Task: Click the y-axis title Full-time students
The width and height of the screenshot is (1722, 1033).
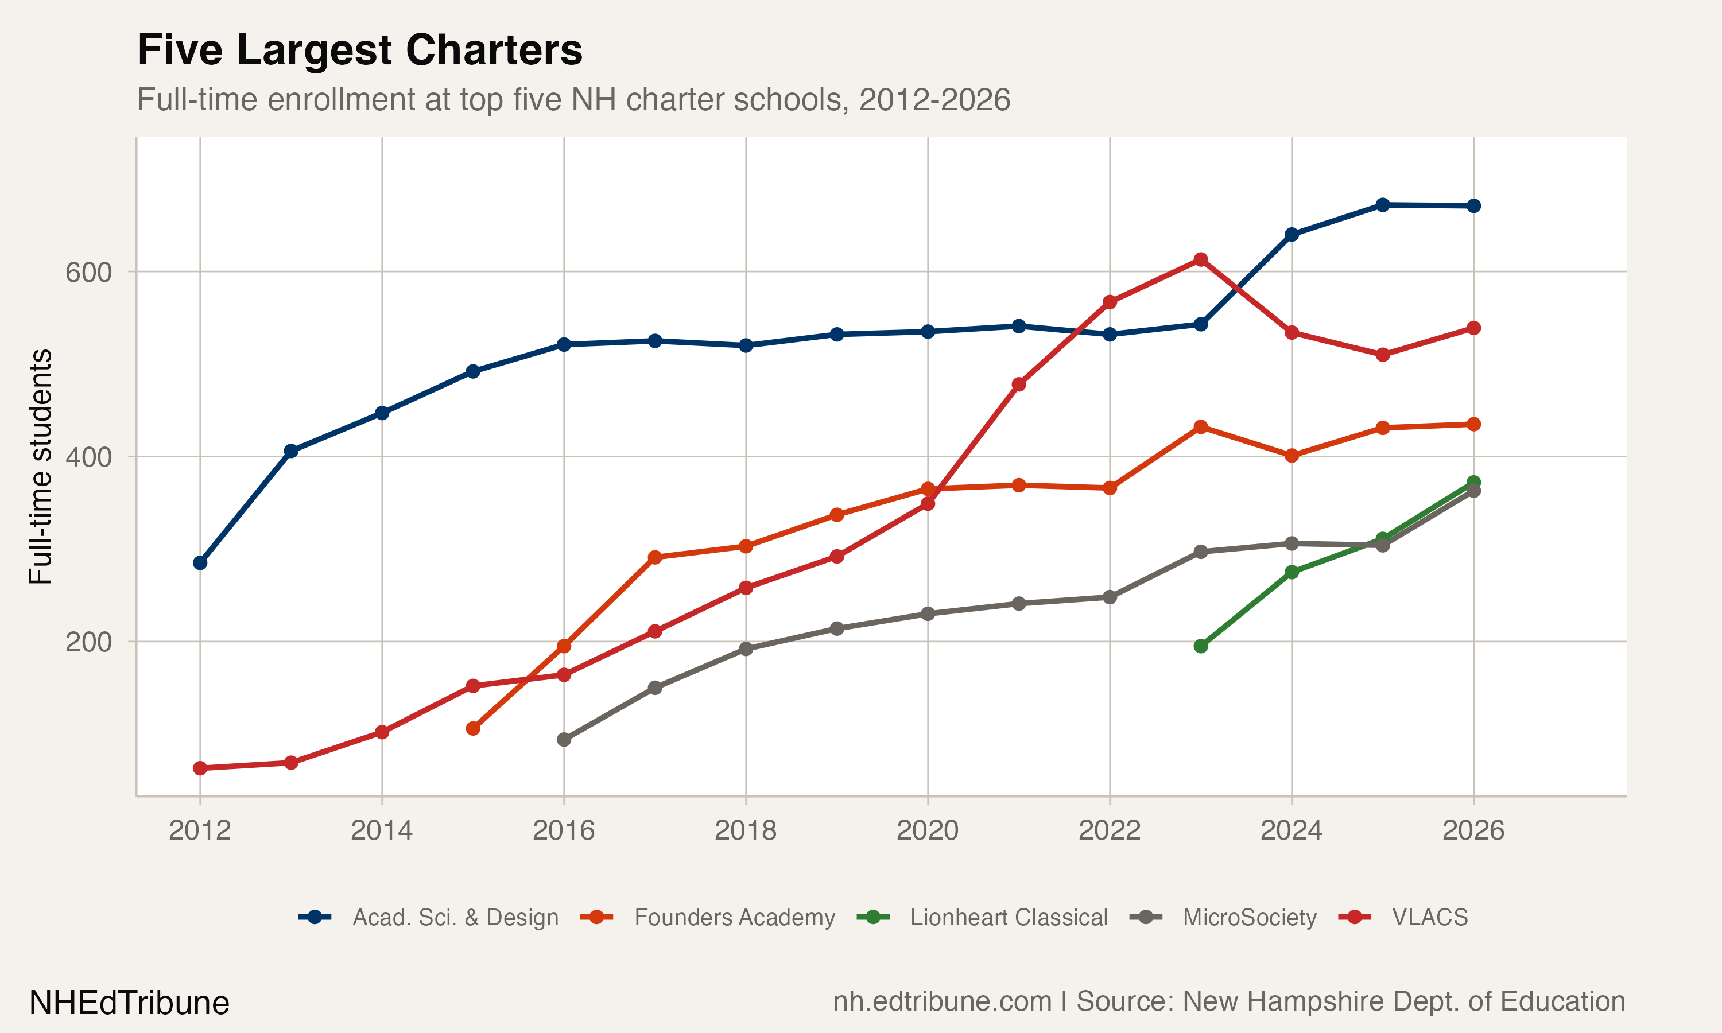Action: pos(40,467)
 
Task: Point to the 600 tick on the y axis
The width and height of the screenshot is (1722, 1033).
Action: pos(88,272)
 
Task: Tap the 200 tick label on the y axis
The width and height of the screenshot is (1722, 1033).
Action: pos(88,642)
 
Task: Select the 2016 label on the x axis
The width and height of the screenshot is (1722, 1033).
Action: pos(563,830)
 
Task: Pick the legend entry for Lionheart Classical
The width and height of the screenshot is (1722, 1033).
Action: pos(1008,918)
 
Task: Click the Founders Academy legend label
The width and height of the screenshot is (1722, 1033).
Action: pos(734,918)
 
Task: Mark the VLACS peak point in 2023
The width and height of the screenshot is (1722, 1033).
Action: pos(1201,259)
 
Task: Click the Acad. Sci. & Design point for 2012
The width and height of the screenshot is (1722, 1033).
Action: pos(200,563)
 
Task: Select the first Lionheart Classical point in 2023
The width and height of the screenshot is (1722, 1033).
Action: pos(1201,646)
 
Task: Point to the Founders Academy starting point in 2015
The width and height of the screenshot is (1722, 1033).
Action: pos(472,729)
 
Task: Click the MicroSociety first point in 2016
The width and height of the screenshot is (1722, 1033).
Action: pos(564,739)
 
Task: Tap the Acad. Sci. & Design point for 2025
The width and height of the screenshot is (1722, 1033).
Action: pos(1383,205)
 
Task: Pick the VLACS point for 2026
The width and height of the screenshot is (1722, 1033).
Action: pos(1473,328)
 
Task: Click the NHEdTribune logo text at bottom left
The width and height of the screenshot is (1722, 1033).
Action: pos(129,1003)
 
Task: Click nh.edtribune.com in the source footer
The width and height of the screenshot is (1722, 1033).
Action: pos(942,1001)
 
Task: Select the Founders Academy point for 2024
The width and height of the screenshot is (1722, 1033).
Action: pos(1292,456)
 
